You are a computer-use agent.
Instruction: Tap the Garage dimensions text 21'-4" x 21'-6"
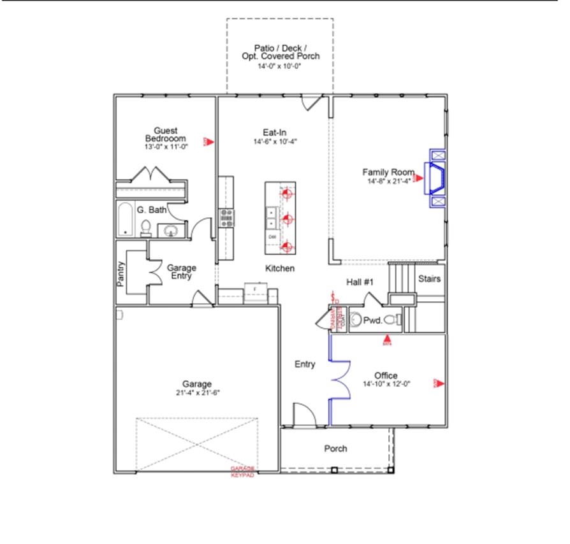tap(197, 393)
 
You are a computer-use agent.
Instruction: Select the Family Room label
tap(388, 172)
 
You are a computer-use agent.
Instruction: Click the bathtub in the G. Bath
tap(125, 220)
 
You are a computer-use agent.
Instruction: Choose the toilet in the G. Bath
tap(146, 227)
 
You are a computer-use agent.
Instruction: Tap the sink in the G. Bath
tap(171, 231)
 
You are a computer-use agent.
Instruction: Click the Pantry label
tap(121, 273)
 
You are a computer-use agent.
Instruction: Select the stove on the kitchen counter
tap(226, 218)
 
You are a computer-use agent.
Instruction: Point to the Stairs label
tap(430, 279)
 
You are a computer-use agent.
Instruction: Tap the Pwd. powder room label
tap(372, 321)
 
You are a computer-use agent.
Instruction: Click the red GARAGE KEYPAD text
tap(242, 472)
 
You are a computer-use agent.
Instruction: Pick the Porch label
tap(335, 449)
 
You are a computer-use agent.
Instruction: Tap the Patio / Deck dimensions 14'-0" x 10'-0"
tap(280, 66)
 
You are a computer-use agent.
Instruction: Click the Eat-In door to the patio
tap(312, 103)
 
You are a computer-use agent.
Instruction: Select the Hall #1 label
tap(360, 282)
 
